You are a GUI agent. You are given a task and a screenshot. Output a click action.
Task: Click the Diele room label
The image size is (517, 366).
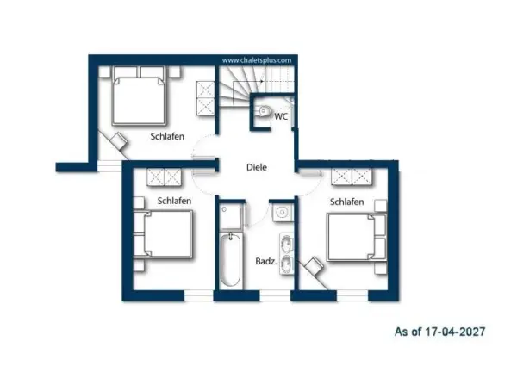pyautogui.click(x=257, y=167)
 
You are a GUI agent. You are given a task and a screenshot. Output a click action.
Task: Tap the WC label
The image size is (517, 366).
pyautogui.click(x=281, y=116)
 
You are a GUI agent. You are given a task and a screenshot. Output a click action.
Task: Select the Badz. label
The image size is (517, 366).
pyautogui.click(x=265, y=261)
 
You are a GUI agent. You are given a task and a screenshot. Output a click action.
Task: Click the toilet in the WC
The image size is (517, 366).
pyautogui.click(x=264, y=111)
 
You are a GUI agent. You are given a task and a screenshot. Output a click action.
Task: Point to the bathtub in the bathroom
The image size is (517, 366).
pyautogui.click(x=230, y=259)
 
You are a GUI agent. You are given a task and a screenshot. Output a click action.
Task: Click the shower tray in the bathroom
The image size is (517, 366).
pyautogui.click(x=231, y=216)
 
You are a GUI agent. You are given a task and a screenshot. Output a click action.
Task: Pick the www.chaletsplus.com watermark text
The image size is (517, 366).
pyautogui.click(x=257, y=60)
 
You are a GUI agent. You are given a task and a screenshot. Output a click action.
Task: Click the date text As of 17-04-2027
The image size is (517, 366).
pyautogui.click(x=439, y=331)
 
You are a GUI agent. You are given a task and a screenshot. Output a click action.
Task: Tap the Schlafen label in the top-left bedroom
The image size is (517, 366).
pyautogui.click(x=167, y=136)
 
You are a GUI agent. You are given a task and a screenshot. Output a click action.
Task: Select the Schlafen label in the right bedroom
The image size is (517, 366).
pyautogui.click(x=347, y=202)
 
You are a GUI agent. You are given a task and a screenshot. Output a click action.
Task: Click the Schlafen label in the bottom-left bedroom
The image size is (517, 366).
pyautogui.click(x=174, y=201)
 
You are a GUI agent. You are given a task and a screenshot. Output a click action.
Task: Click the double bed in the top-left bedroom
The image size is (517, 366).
pyautogui.click(x=139, y=96)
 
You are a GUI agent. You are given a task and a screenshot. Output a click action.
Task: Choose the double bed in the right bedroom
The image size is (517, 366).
pyautogui.click(x=357, y=237)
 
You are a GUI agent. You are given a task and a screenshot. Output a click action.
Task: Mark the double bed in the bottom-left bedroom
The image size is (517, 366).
pyautogui.click(x=163, y=234)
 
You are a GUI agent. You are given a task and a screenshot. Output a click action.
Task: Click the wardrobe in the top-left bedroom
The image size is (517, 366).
pyautogui.click(x=205, y=98)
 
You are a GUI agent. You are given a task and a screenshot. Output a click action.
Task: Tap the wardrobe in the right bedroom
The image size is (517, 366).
pyautogui.click(x=352, y=177)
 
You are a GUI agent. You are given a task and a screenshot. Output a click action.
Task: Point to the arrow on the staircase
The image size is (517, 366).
pyautogui.click(x=248, y=81)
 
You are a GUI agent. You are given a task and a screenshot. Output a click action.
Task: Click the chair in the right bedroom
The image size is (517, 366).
pyautogui.click(x=314, y=265)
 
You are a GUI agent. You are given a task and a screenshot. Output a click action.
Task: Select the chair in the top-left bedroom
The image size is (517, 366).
pyautogui.click(x=119, y=141)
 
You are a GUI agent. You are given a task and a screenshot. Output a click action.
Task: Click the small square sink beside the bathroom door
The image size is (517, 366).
pyautogui.click(x=283, y=213)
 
